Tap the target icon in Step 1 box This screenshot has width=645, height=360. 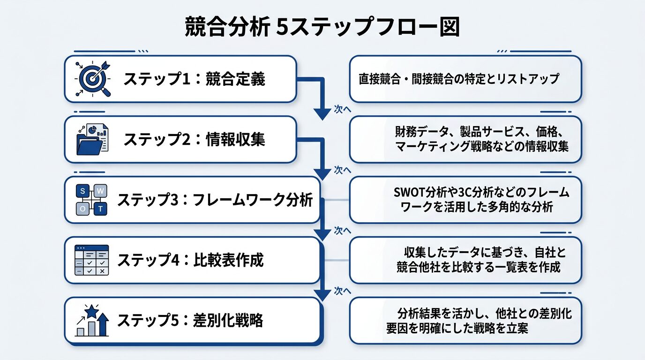(x=92, y=79)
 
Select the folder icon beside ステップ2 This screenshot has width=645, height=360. (x=92, y=139)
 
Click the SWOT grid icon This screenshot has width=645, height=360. (x=92, y=200)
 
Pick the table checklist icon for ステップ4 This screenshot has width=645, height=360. (x=92, y=260)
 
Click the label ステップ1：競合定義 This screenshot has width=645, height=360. (x=194, y=79)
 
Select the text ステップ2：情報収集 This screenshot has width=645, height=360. (x=194, y=139)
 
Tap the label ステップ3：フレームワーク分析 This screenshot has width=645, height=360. (x=215, y=200)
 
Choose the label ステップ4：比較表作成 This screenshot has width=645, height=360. (x=190, y=260)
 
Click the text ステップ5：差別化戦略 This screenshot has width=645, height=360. (x=190, y=321)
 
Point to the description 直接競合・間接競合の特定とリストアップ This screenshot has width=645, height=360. (x=459, y=79)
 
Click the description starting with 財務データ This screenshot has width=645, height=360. (x=482, y=139)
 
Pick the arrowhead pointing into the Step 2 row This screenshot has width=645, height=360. (x=322, y=113)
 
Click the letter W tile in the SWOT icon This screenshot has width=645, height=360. (x=100, y=191)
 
